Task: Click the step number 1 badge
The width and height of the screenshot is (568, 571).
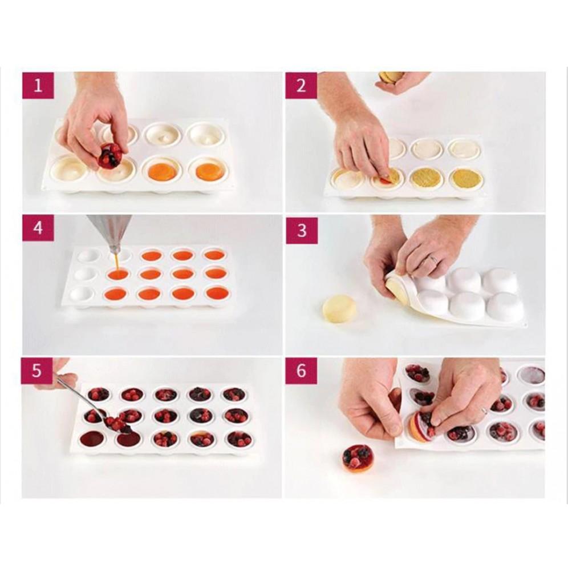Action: [x=38, y=86]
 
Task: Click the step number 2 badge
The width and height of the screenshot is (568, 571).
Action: [x=301, y=86]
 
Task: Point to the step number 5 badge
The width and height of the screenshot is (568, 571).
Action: [x=38, y=371]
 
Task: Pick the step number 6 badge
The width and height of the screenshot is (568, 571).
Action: [x=301, y=371]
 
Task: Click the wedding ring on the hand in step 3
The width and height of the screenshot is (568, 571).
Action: [x=433, y=259]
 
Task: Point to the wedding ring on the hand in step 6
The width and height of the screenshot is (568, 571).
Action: [x=485, y=410]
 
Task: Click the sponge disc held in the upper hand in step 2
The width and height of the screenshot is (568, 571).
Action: [x=390, y=78]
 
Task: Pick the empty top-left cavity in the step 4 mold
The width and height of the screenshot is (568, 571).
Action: [x=87, y=255]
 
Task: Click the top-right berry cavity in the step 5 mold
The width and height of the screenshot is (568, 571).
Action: [x=230, y=395]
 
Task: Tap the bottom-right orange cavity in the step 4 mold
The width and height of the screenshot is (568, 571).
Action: [x=217, y=292]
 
